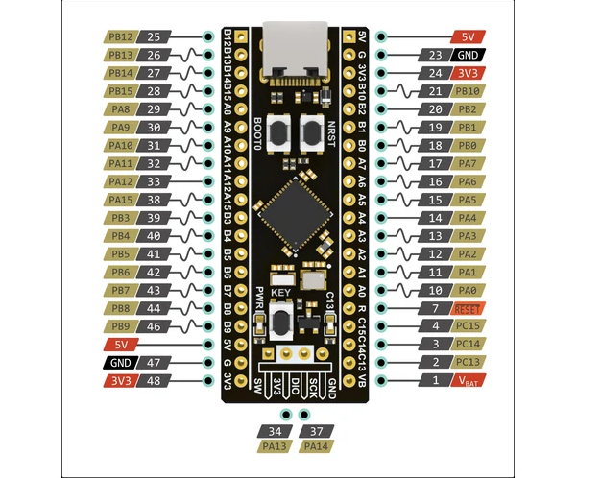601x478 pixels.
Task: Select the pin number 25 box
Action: coord(155,36)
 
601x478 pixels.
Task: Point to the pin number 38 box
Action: coord(155,200)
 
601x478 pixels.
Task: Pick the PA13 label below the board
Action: coord(276,446)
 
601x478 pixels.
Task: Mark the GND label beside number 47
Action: coord(120,363)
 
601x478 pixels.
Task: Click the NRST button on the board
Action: coord(311,132)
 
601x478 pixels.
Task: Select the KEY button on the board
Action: coord(281,320)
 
